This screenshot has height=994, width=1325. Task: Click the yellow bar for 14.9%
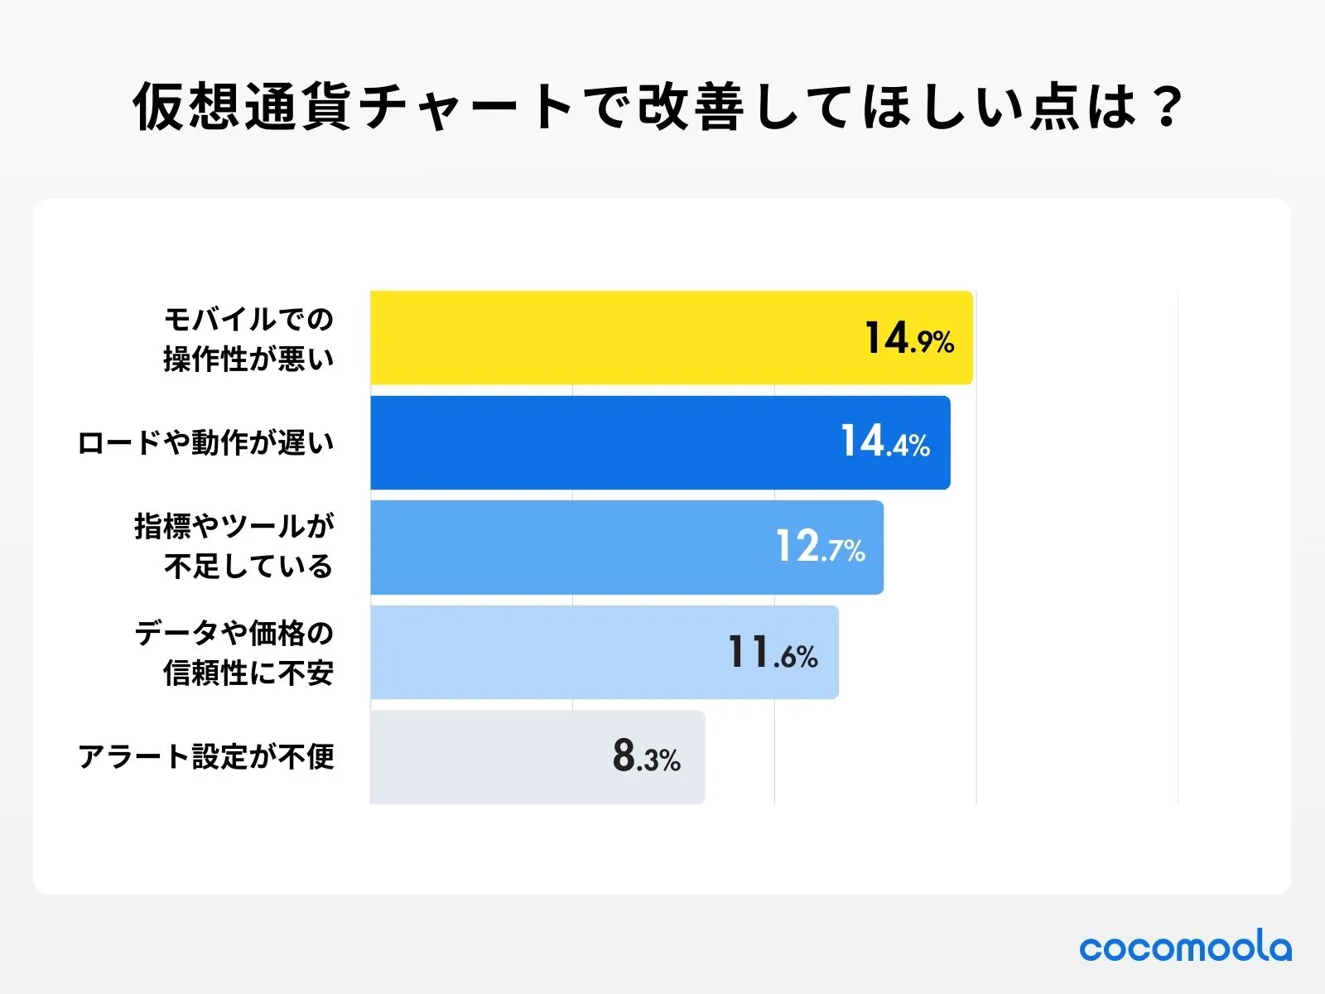point(613,338)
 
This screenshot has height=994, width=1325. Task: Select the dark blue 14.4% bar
point(596,442)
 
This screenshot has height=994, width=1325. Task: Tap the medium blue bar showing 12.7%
point(571,547)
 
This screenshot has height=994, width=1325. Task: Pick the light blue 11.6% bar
point(547,652)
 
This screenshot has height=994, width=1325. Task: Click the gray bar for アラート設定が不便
point(489,757)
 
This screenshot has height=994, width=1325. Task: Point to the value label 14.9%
point(909,339)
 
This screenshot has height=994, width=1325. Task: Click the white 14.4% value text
point(885,442)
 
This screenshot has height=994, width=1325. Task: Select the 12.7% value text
point(820,548)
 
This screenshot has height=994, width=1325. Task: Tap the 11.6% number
point(773,653)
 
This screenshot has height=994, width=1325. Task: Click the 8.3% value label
point(646,757)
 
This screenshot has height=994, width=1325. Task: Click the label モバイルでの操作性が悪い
point(248,339)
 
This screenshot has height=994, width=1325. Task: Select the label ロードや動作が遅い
point(205,443)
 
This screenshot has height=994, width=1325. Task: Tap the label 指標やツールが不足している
point(234,547)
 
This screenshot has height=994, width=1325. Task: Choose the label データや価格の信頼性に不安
point(234,653)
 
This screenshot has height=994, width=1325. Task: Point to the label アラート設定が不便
point(205,757)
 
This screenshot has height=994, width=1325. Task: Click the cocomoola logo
point(1185,947)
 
